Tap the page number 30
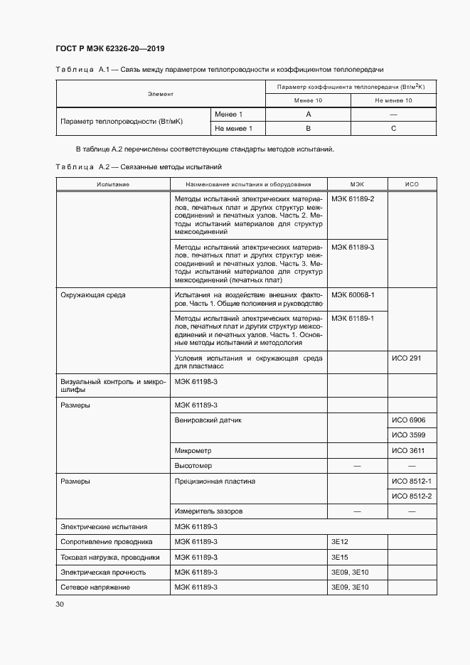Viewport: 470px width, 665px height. [60, 604]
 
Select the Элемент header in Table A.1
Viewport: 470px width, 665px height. [161, 94]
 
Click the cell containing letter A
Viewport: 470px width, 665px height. [308, 115]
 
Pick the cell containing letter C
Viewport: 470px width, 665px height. [393, 129]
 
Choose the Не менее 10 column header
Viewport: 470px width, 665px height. [393, 101]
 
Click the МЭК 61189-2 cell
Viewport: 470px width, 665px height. [353, 198]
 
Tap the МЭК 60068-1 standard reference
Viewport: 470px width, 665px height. [353, 294]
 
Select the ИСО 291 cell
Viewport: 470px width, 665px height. [407, 358]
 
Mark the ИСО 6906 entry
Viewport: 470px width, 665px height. [408, 420]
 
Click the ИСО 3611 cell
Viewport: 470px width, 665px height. [408, 451]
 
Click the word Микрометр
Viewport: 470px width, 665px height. [193, 451]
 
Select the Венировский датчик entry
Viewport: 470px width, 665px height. [208, 420]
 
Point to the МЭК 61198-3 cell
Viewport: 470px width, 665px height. [196, 382]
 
